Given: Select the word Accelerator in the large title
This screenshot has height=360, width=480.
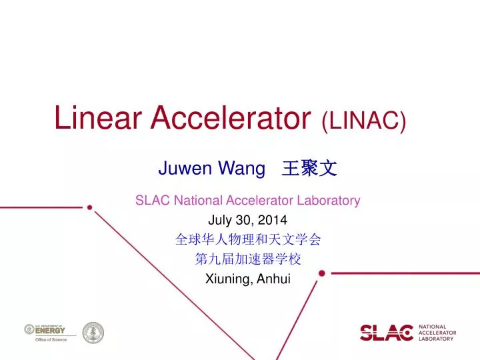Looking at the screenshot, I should [230, 119].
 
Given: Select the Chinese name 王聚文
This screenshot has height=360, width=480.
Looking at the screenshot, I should [309, 169].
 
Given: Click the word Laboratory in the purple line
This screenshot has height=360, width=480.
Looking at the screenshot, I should [329, 200].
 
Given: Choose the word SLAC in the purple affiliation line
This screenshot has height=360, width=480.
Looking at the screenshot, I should [150, 200].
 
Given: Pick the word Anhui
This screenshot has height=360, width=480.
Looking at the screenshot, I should [272, 279].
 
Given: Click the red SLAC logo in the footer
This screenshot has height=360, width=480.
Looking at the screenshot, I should [387, 331].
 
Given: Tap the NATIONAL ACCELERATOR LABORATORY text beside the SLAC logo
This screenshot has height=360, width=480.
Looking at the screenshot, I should [437, 332].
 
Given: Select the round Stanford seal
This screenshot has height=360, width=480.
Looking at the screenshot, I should [93, 332].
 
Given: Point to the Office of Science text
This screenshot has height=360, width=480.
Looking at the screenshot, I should [51, 340].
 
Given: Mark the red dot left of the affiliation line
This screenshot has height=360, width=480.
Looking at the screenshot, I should [89, 207].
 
